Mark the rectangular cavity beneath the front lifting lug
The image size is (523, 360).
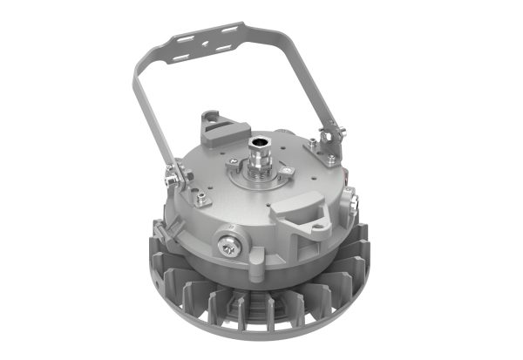click(308, 232)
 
